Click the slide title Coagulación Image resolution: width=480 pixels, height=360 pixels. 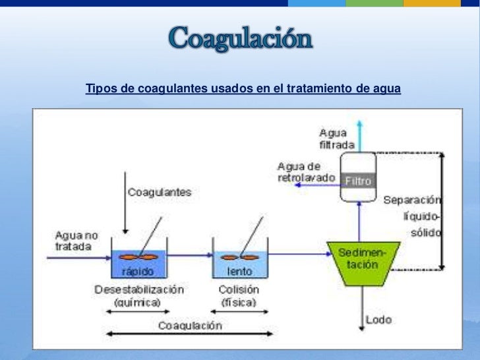click(x=240, y=40)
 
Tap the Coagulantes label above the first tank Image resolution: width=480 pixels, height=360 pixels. click(x=159, y=193)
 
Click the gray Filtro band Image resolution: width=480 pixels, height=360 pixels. click(x=358, y=180)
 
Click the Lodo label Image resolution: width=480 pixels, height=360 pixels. click(x=378, y=320)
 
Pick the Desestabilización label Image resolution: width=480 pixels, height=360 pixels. click(x=139, y=289)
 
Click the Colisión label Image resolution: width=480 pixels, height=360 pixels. click(x=238, y=289)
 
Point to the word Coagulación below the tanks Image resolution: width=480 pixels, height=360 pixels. click(x=189, y=325)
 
